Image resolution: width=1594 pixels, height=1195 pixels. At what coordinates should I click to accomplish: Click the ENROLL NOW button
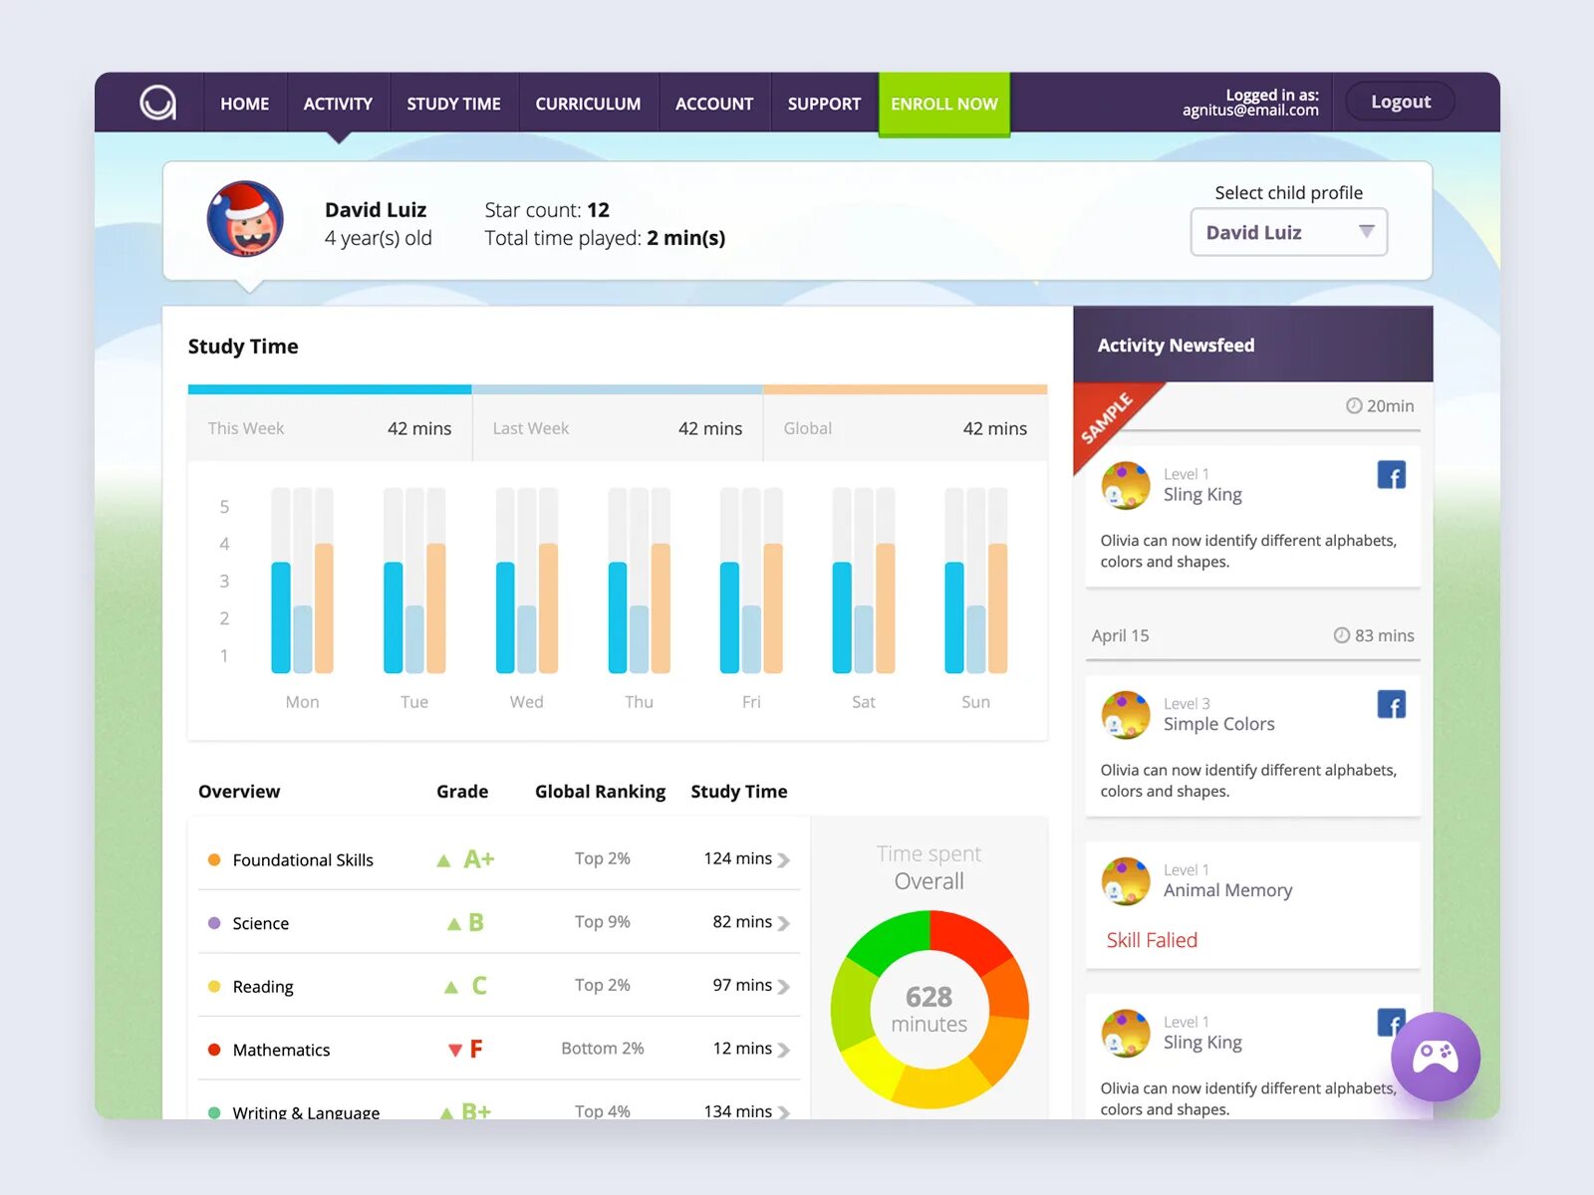943,104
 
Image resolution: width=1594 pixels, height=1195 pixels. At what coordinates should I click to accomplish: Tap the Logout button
1400,102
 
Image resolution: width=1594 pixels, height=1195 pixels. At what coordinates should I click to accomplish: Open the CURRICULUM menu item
588,104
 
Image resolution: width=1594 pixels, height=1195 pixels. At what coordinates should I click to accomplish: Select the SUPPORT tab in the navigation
824,104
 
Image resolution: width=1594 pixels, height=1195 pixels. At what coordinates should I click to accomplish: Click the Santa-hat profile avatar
245,219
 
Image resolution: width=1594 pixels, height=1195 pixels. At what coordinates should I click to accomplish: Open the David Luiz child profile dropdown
1288,232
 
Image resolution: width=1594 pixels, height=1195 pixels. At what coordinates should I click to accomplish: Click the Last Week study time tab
617,428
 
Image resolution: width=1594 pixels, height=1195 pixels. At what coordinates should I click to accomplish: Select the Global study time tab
905,428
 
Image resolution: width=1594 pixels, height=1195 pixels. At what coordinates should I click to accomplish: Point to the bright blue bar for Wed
505,617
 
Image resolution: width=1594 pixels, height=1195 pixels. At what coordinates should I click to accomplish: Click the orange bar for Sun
998,607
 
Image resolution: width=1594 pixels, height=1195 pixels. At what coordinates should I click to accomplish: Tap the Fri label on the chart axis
751,702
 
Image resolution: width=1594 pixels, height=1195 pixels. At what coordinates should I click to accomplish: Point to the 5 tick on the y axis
224,507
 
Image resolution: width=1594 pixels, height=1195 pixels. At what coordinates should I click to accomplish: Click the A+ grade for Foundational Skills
477,859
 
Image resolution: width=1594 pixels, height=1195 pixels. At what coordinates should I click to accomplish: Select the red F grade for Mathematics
475,1049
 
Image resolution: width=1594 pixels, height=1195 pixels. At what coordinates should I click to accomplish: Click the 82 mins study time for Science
742,922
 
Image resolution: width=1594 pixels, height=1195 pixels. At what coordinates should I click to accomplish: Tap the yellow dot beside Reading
214,986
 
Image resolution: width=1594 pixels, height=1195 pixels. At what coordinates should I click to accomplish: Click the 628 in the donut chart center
929,997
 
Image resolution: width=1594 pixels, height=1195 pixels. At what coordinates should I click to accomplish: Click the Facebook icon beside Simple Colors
1391,705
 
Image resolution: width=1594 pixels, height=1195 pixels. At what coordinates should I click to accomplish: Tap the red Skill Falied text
1152,940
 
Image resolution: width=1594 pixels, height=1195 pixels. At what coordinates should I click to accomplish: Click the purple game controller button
1436,1057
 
